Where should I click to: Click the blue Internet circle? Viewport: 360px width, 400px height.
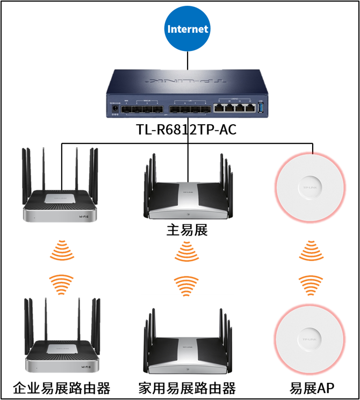[187, 29]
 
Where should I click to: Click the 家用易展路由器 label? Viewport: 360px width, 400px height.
[187, 388]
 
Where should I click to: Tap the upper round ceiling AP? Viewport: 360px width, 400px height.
[309, 187]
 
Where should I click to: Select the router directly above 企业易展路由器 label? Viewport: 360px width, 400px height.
[61, 339]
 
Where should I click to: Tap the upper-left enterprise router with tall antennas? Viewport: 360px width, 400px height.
[61, 188]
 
